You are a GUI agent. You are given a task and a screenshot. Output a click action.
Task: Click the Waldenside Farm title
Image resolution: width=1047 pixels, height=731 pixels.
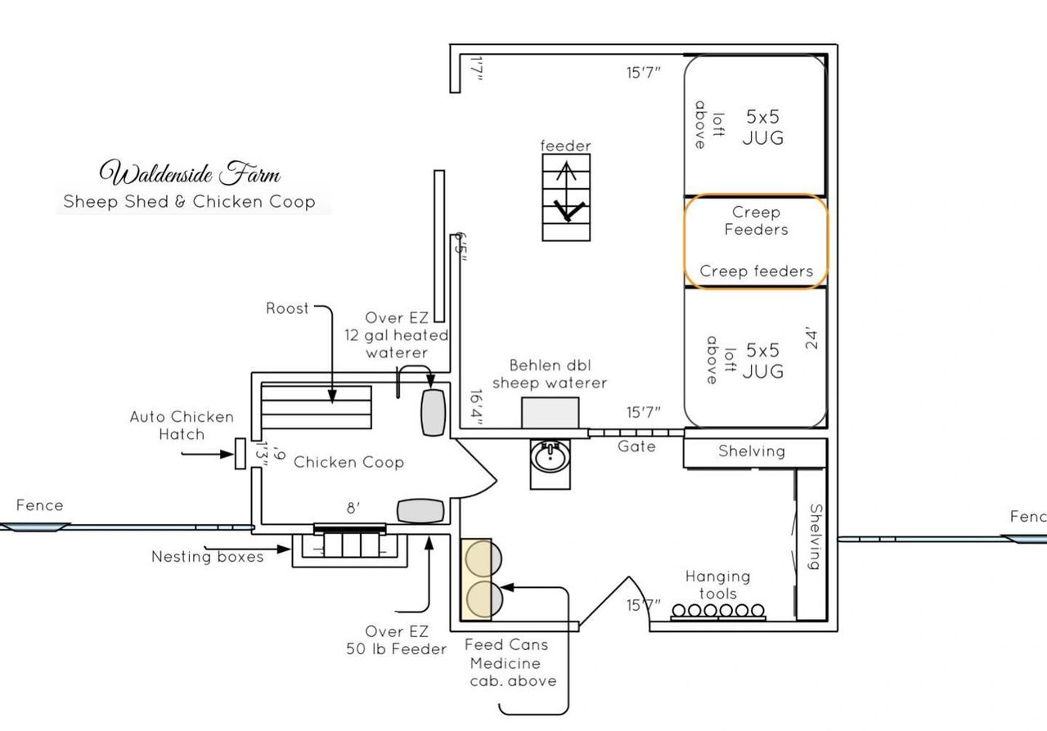pos(190,174)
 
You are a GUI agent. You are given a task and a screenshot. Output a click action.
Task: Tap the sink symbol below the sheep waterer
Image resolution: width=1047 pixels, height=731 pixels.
pos(550,456)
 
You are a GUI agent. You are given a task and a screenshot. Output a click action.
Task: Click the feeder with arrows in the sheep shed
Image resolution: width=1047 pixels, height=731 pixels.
pos(565,198)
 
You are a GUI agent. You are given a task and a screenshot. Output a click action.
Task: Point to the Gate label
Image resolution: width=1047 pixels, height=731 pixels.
pos(636,446)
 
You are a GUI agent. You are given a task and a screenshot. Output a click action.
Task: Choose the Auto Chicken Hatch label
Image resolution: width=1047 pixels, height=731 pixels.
pos(182,425)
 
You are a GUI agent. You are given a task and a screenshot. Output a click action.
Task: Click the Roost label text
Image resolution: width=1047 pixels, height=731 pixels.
pos(287,308)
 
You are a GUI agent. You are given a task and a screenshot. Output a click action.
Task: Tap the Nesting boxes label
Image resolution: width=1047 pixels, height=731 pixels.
pos(208,557)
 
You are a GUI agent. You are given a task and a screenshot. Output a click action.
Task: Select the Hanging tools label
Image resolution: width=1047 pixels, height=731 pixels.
pos(717,585)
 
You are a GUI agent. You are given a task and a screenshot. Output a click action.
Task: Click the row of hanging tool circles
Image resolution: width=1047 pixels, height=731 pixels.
pos(717,610)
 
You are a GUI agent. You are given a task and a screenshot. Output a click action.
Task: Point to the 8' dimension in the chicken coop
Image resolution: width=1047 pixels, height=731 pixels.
pos(353,508)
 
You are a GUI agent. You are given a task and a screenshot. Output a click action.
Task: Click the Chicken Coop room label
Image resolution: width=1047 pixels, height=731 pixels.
pos(348,462)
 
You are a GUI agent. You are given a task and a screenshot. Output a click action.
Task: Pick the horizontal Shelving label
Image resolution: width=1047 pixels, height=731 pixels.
pos(751,451)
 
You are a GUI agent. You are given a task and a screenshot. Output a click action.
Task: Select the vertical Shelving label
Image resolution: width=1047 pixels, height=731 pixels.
pos(816,536)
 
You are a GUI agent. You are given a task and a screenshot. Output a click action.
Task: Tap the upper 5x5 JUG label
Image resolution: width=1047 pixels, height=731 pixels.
pos(762,128)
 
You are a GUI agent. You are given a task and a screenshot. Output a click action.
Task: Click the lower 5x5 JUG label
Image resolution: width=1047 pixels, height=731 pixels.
pos(762,361)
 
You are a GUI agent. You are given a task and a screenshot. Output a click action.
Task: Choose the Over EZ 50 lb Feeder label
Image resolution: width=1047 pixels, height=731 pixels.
pos(396,640)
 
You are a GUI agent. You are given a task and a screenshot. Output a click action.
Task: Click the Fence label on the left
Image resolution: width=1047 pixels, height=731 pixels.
pos(39,505)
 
